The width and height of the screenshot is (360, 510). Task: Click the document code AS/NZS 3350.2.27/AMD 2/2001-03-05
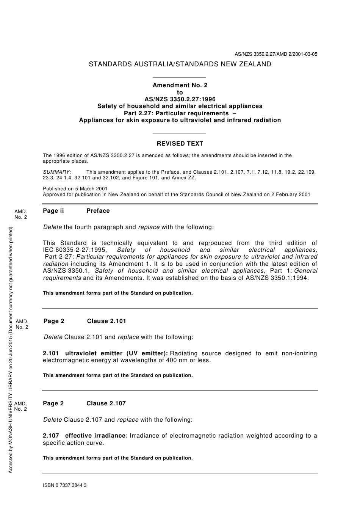point(276,54)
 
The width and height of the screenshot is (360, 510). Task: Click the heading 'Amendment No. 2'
point(180,85)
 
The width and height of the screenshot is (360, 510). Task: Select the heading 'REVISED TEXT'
point(180,144)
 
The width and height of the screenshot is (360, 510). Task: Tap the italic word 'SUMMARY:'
point(57,172)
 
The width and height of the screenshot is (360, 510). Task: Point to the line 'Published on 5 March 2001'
point(75,189)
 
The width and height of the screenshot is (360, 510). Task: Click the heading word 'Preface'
point(98,211)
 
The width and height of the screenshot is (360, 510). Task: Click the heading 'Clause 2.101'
point(106,321)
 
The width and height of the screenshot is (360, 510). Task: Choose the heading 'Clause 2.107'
point(106,403)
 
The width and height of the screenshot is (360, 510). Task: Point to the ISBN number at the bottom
point(65,485)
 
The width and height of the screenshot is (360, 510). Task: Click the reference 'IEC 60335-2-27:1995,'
point(75,250)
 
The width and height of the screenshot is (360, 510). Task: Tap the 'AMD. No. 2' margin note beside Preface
point(21,214)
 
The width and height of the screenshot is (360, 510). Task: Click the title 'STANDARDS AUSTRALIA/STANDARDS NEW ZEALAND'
point(180,64)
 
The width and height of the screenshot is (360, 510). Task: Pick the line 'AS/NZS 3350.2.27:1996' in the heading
point(180,99)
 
